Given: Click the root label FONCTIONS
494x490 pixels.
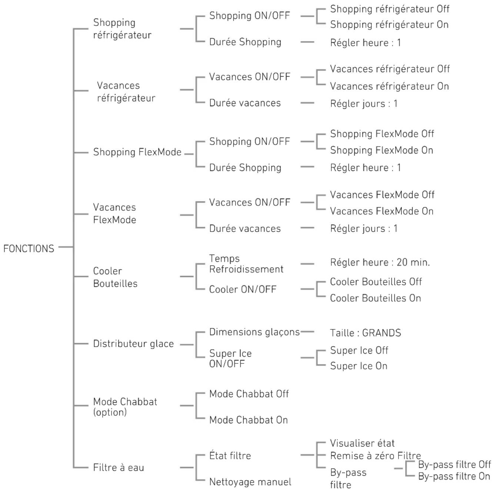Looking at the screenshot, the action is pos(29,249).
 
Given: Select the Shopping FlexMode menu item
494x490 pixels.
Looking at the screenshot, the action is pos(137,152).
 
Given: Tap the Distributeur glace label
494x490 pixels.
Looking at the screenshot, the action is pos(133,344).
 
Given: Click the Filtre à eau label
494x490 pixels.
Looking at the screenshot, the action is pos(119,467).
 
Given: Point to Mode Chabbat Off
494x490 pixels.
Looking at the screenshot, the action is pos(249,394).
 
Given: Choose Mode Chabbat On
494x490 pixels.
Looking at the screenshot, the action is pos(248,420).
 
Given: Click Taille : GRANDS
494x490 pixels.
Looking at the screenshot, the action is pos(365,333).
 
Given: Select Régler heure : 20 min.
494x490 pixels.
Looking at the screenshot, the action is pos(380,262).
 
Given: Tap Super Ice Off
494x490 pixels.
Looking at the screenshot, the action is pos(359,350).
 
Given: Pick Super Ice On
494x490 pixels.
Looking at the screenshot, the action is pos(358,366).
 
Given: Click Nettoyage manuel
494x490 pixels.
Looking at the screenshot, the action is pos(250,482).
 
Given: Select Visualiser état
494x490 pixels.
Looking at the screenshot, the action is pos(362,443).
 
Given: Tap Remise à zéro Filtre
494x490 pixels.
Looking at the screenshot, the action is pos(375,456).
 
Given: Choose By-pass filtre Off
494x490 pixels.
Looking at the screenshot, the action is pos(454,464).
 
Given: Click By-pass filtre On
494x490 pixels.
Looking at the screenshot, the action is pos(454,476).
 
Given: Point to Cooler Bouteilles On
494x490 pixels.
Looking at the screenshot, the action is pos(375,298).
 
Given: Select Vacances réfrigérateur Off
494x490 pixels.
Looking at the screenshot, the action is pos(390,69).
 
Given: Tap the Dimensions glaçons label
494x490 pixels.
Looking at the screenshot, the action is pos(254,332).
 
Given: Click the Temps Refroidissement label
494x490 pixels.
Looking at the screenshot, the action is pos(246,264).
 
